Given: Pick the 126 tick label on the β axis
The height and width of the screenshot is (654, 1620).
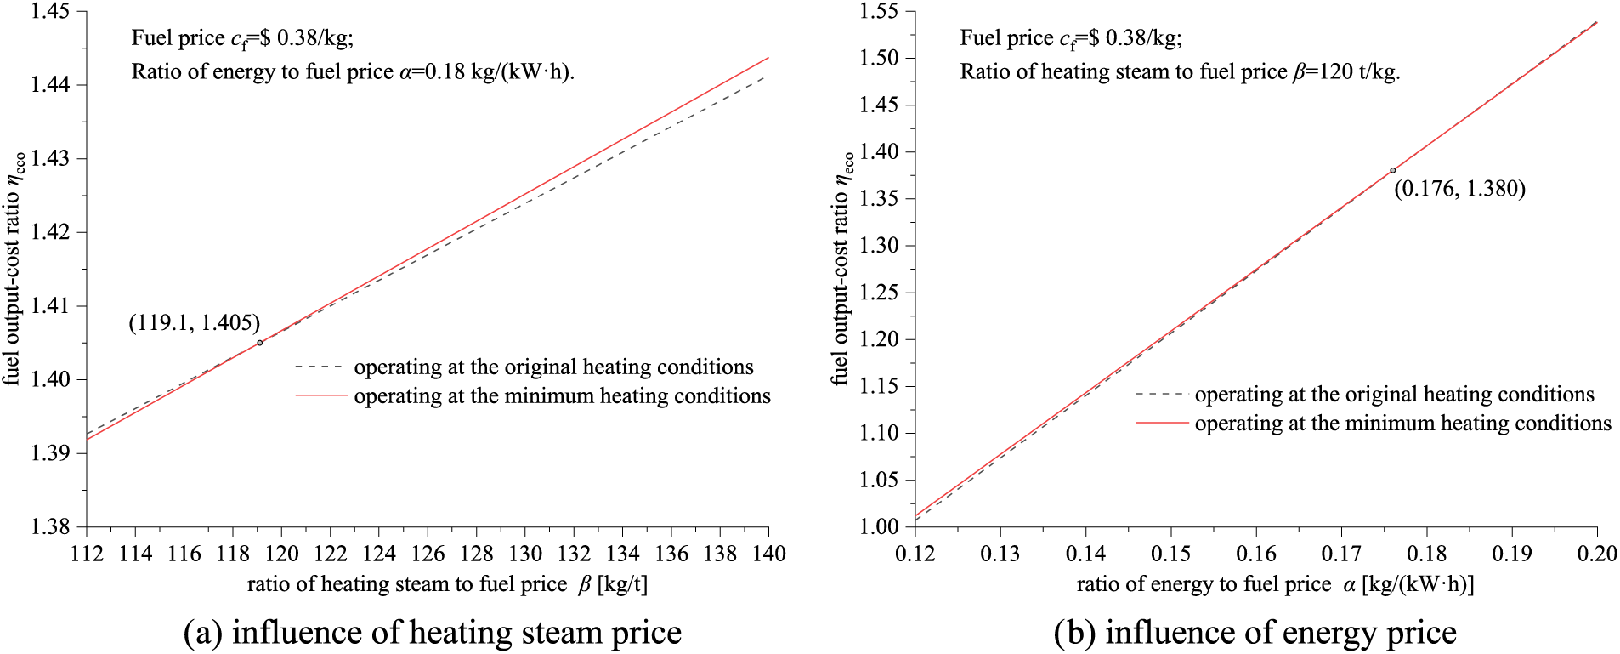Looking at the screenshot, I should pos(428,554).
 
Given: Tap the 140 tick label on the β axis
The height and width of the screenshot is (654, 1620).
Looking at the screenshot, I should pos(768,554).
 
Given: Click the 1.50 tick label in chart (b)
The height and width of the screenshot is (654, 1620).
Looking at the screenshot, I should pos(878,58).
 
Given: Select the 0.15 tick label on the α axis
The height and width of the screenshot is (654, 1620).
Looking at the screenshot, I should pos(1170,554).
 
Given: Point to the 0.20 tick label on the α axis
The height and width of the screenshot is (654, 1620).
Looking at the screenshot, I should pos(1596,554).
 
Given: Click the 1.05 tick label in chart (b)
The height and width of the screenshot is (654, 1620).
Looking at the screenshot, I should pos(878,480).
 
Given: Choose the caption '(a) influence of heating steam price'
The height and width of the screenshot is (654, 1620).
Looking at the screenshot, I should pos(432,633).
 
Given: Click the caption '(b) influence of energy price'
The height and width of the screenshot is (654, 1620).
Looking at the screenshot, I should pos(1255,633).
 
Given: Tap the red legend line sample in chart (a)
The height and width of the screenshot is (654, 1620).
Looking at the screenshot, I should pos(321,395).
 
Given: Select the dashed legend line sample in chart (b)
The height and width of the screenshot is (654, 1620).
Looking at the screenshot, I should pos(1162,395).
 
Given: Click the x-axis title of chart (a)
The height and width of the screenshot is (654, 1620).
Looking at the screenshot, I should pos(447,584).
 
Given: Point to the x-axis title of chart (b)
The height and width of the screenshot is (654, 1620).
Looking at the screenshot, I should pos(1275,584).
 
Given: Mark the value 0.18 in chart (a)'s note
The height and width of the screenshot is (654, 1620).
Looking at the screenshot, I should pos(439,71).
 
